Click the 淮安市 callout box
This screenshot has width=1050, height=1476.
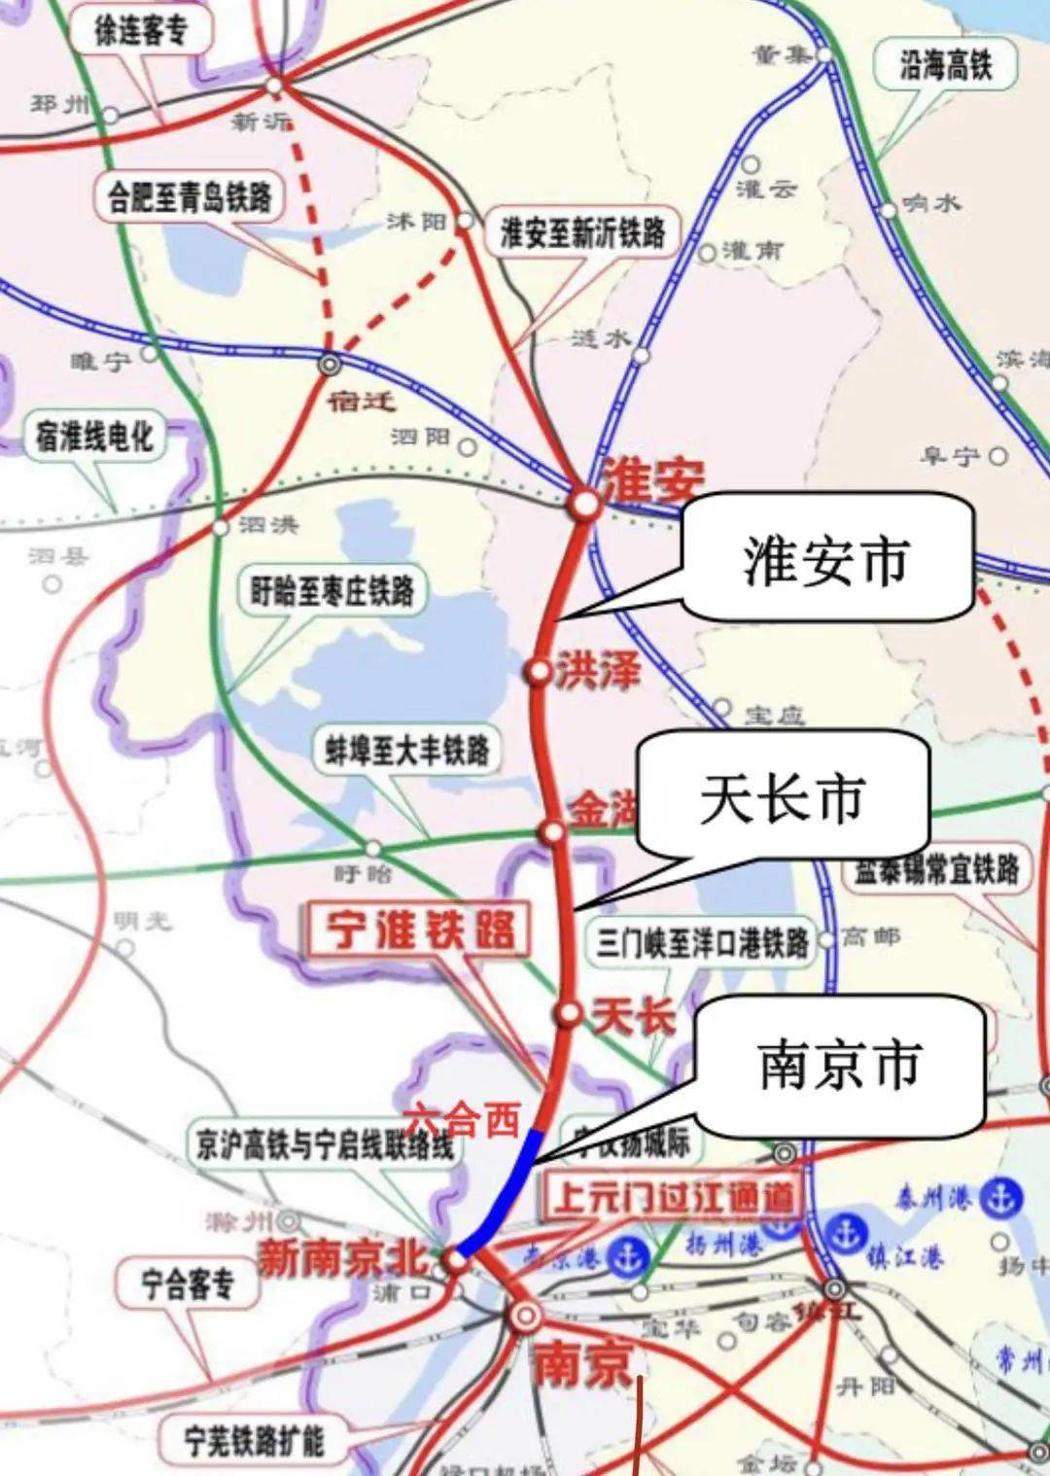click(827, 560)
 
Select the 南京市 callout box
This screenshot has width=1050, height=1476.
click(839, 1064)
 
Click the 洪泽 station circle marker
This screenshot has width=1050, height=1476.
click(538, 672)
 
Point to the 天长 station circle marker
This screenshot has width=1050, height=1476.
click(569, 1014)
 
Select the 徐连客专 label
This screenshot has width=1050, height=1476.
click(140, 31)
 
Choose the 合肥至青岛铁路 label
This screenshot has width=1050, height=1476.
click(190, 197)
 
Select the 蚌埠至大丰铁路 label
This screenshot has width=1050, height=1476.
click(407, 750)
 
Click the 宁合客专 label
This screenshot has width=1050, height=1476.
click(188, 1283)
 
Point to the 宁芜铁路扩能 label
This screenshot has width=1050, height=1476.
click(255, 1440)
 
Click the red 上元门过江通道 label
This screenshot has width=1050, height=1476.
click(674, 1196)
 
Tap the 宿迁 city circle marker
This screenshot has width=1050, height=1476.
click(331, 364)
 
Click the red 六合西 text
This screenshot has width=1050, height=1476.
click(462, 1120)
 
